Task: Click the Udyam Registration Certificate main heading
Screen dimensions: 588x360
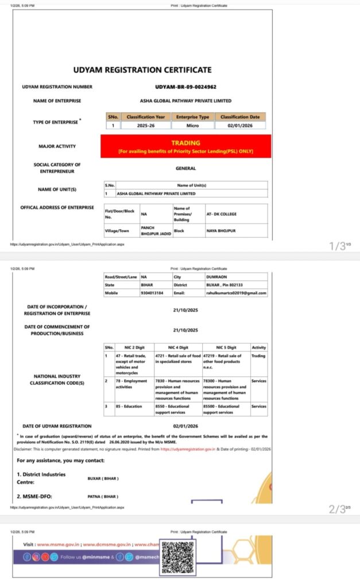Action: (142, 70)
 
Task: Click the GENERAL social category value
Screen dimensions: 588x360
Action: (185, 169)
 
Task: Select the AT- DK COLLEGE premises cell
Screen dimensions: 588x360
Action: (221, 214)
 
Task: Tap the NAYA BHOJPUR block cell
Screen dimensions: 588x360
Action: (221, 230)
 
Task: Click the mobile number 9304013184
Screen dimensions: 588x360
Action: (151, 293)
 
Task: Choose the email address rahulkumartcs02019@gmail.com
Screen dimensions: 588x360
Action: (235, 293)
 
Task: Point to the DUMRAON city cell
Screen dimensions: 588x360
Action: (216, 276)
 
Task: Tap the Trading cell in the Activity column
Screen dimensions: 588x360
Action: (258, 356)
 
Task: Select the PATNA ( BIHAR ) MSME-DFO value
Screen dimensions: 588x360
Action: (103, 496)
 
